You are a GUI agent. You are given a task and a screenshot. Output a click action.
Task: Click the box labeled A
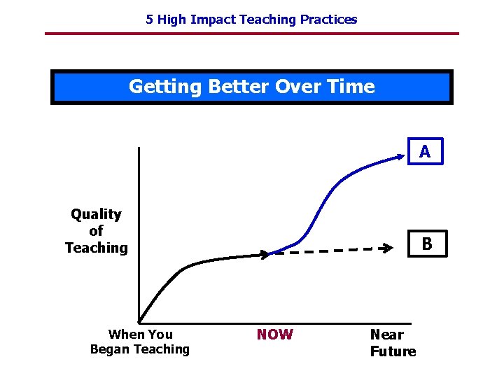[425, 151]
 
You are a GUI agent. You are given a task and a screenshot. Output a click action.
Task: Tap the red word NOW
[274, 335]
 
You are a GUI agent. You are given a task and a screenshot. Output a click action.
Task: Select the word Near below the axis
[386, 335]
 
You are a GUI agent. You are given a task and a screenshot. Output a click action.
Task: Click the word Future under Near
[393, 351]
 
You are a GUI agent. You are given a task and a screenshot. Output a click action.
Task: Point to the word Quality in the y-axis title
[96, 214]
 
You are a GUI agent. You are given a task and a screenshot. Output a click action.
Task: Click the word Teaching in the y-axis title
[96, 248]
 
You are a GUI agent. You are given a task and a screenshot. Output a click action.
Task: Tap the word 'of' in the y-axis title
[96, 231]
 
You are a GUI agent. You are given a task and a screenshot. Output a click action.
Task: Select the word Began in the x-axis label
[110, 349]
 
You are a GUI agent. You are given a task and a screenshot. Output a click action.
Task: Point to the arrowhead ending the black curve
[264, 255]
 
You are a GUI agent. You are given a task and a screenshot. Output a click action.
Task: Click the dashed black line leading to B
[329, 251]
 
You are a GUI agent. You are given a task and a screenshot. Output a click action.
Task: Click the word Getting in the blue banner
[162, 87]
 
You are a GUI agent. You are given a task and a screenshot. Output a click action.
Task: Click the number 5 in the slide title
[149, 20]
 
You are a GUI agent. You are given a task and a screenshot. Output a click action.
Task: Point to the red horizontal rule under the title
[252, 34]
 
